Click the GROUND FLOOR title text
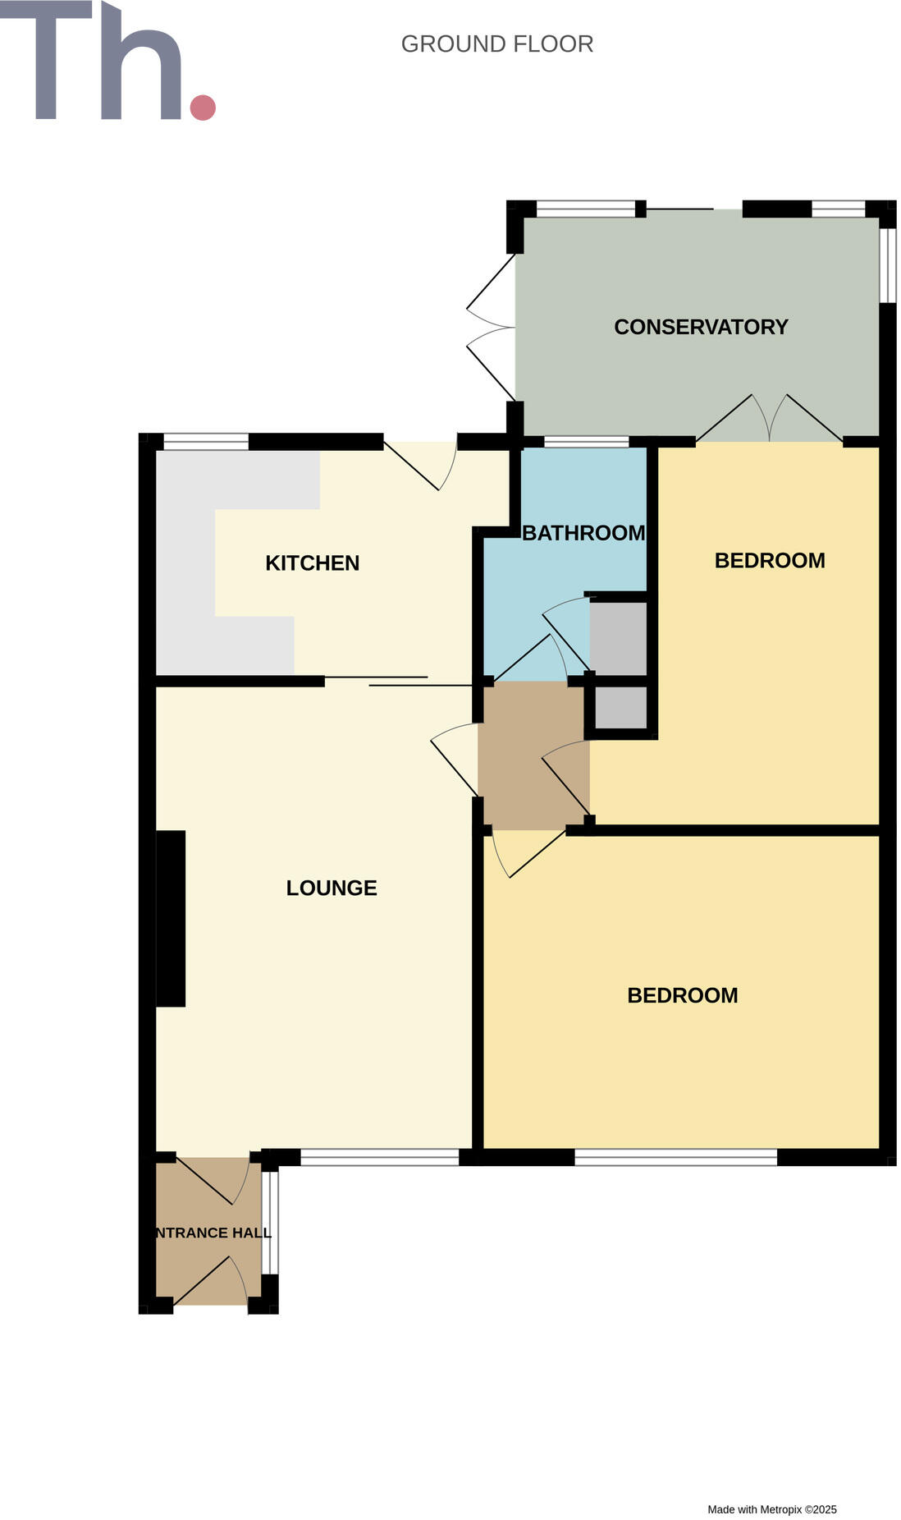tap(496, 44)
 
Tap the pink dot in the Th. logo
tap(203, 108)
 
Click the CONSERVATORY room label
tap(701, 327)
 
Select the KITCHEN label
tap(312, 563)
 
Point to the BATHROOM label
tap(583, 533)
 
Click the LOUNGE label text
tap(332, 888)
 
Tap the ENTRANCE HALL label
tap(213, 1233)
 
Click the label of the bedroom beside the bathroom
tap(770, 561)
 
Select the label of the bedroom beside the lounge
tap(683, 995)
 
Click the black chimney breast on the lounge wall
tap(171, 918)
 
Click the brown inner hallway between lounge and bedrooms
tap(533, 755)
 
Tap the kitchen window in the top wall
tap(206, 442)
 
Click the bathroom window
tap(587, 442)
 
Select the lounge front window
tap(379, 1157)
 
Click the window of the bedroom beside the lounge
tap(675, 1157)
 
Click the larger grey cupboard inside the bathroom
tap(619, 639)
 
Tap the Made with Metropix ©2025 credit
tap(772, 1509)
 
